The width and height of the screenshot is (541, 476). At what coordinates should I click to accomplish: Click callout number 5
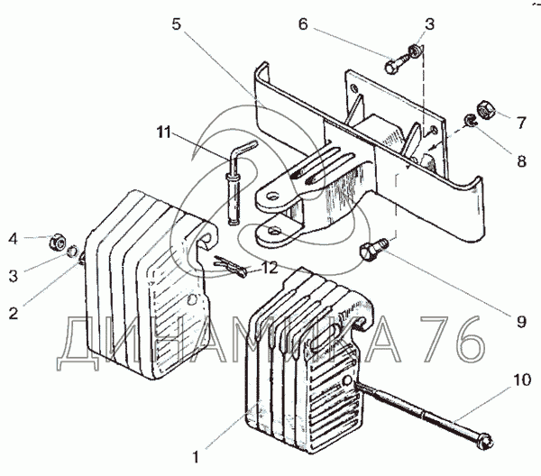tap(177, 24)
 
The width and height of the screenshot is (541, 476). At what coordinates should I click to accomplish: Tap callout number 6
tap(303, 24)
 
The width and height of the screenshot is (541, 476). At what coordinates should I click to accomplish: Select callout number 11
tap(163, 133)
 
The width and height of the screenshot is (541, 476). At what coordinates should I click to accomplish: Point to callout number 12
tap(270, 268)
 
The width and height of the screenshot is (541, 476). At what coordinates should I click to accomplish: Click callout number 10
tap(522, 380)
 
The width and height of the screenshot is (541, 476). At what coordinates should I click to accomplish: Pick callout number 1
tap(196, 457)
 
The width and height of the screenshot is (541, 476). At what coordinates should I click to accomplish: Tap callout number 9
tap(521, 322)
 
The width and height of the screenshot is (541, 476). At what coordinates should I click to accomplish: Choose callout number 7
tap(521, 123)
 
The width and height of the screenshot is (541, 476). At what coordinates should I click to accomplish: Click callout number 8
tap(521, 161)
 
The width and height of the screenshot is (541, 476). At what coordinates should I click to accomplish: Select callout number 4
tap(13, 239)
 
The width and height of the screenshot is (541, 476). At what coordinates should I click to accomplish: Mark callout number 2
tap(14, 314)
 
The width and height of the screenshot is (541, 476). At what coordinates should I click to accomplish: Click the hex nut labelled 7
tap(486, 110)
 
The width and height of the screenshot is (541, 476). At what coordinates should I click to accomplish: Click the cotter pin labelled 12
tap(231, 266)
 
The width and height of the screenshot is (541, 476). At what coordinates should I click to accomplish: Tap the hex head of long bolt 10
tap(485, 442)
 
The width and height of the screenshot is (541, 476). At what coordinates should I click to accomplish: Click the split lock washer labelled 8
tap(470, 121)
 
